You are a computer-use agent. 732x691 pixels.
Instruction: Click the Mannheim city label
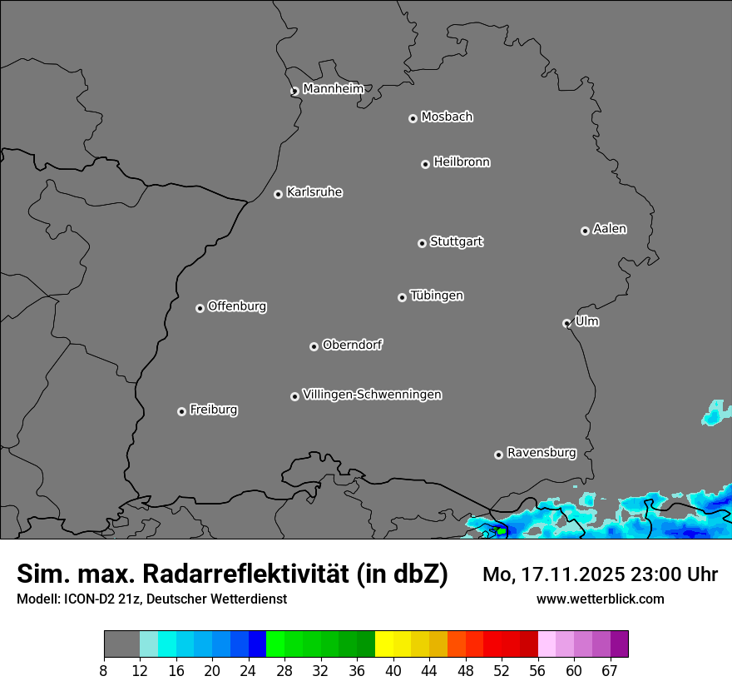[333, 88]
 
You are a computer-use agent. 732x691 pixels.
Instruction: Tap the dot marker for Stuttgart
[422, 243]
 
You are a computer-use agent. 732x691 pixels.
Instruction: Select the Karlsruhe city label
[314, 192]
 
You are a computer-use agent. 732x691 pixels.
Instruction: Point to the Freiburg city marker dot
[181, 411]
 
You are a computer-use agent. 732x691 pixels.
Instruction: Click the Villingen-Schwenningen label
[372, 395]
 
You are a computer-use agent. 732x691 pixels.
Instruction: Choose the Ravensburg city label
[542, 453]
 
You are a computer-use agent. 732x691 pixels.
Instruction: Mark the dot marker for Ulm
[566, 323]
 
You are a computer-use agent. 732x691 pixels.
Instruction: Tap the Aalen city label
[610, 229]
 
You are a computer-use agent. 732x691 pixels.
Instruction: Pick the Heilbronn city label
[462, 162]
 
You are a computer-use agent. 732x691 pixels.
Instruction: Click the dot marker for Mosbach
[413, 118]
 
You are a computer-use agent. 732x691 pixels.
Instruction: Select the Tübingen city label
[437, 296]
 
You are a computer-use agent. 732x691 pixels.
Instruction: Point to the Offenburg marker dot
[200, 308]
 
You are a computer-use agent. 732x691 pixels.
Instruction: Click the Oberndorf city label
[352, 345]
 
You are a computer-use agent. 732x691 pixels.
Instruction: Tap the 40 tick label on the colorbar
[393, 671]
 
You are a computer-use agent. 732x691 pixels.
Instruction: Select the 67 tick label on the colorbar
[610, 671]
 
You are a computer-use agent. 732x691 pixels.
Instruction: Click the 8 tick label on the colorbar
[103, 671]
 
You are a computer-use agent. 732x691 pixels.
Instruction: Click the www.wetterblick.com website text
[600, 599]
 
